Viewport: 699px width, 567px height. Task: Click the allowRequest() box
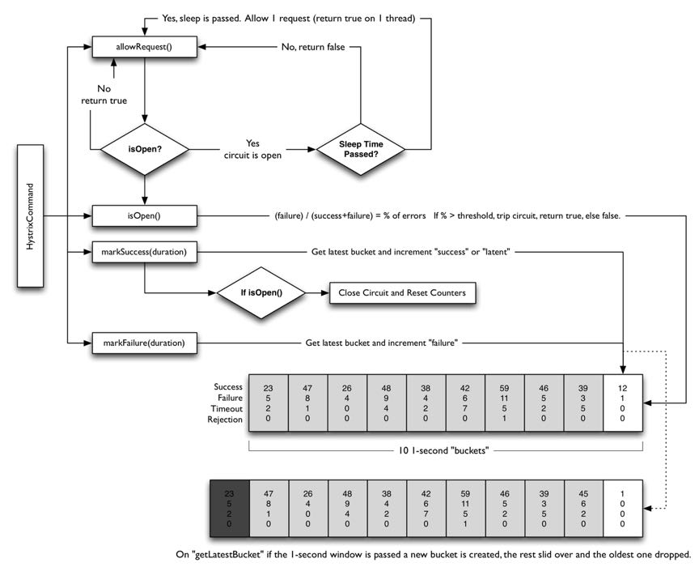pyautogui.click(x=146, y=48)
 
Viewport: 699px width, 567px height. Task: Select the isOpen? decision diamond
pyautogui.click(x=145, y=149)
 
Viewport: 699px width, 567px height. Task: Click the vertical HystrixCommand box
pyautogui.click(x=30, y=216)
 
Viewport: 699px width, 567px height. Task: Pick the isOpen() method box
pyautogui.click(x=145, y=216)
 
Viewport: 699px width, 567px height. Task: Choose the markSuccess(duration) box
pyautogui.click(x=145, y=253)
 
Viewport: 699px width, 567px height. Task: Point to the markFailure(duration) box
pyautogui.click(x=145, y=343)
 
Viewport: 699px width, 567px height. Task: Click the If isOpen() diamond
pyautogui.click(x=264, y=292)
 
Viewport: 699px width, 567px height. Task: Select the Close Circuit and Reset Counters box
pyautogui.click(x=401, y=292)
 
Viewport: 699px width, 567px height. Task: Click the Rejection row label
pyautogui.click(x=225, y=420)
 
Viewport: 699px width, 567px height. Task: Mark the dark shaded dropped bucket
pyautogui.click(x=229, y=508)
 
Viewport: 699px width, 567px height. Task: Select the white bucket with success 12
pyautogui.click(x=622, y=403)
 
